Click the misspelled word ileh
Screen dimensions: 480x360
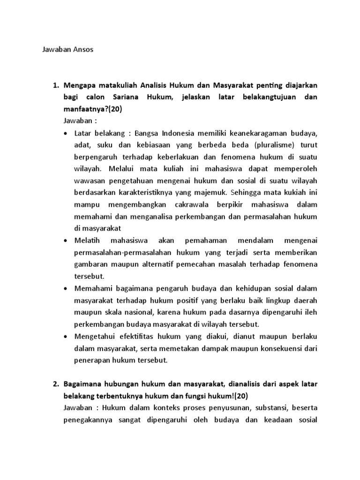coord(310,312)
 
